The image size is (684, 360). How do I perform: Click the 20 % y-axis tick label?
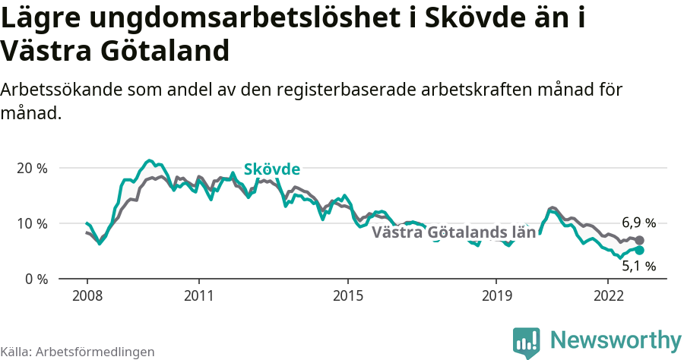pos(31,168)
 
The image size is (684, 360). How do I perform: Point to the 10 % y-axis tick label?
pos(31,223)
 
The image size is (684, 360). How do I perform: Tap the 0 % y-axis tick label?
pos(35,279)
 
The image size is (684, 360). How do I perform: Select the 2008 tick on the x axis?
pos(87,295)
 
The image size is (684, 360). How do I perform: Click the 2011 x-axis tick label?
pos(198,295)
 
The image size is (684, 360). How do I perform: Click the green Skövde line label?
pos(271,169)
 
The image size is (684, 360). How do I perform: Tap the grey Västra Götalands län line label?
pos(454,232)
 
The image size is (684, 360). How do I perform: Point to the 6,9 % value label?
pos(638,223)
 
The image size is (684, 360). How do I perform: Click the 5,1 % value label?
pos(638,266)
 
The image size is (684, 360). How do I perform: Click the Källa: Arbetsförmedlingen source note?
pos(78,352)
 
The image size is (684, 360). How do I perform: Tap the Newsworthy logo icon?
pos(526,342)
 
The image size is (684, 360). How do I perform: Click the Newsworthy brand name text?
pos(616,339)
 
